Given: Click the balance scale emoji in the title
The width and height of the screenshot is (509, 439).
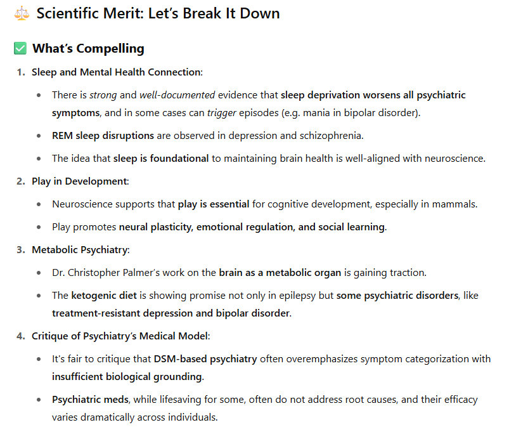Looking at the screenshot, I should (22, 13).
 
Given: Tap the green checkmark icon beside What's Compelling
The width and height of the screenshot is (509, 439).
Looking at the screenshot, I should (20, 48).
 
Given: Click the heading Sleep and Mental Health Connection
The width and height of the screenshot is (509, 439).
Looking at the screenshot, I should (117, 72).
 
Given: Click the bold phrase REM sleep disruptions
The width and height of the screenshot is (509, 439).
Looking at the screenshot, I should (103, 136).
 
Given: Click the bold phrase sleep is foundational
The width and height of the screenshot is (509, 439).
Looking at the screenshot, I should (161, 159).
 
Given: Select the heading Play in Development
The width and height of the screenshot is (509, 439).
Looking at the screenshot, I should (79, 181).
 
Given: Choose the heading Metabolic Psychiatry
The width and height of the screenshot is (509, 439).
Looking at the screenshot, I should (80, 250).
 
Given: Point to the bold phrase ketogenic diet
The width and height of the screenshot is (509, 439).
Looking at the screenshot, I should (102, 296).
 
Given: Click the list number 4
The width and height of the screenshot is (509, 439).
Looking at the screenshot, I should (20, 336).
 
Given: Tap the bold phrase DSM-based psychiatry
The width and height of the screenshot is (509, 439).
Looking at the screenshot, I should (205, 359).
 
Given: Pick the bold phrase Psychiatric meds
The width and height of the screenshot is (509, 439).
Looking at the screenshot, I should (91, 400).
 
